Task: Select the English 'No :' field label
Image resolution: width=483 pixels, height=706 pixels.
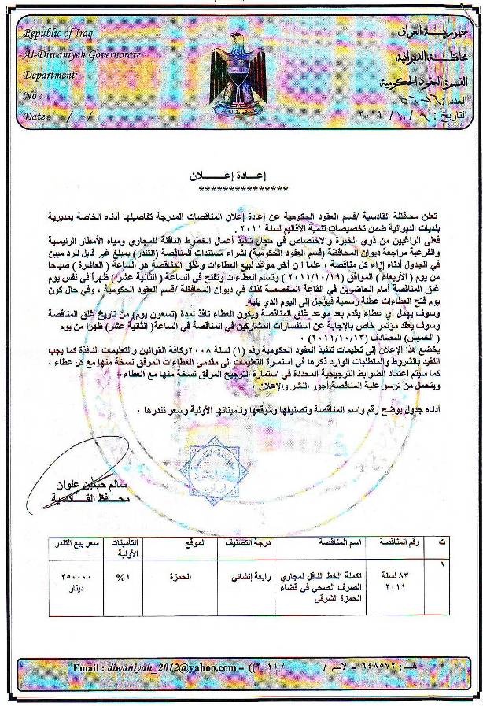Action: [33, 95]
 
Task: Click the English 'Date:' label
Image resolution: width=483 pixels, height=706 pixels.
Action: [36, 116]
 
